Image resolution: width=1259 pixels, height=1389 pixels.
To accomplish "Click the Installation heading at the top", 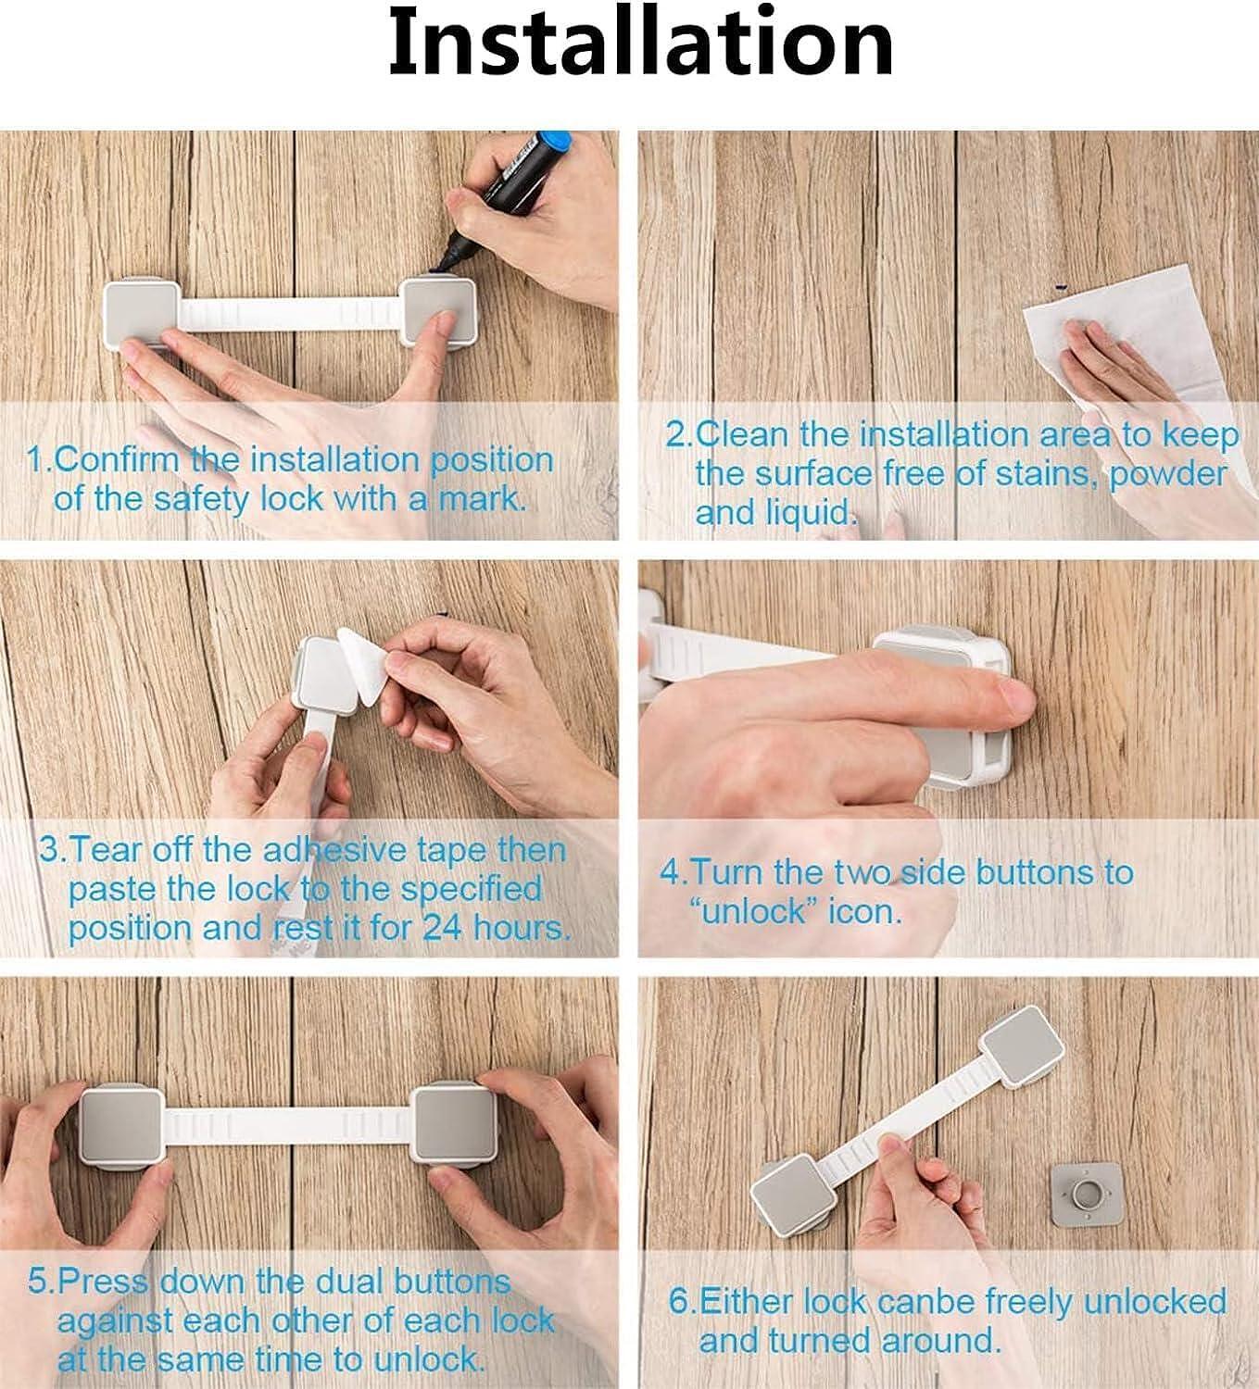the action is (640, 44).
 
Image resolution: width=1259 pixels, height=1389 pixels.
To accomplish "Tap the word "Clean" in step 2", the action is (741, 435).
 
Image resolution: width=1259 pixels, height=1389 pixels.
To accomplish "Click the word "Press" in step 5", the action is (104, 1282).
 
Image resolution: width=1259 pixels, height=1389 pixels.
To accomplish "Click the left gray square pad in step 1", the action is (142, 314).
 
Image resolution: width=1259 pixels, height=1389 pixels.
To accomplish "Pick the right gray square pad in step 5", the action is (455, 1125).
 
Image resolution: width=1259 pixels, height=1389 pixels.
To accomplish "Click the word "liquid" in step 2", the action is (808, 513).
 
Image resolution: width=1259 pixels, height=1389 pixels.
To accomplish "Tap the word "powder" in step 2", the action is (1167, 475).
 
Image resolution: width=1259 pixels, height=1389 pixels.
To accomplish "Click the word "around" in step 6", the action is (940, 1340).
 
